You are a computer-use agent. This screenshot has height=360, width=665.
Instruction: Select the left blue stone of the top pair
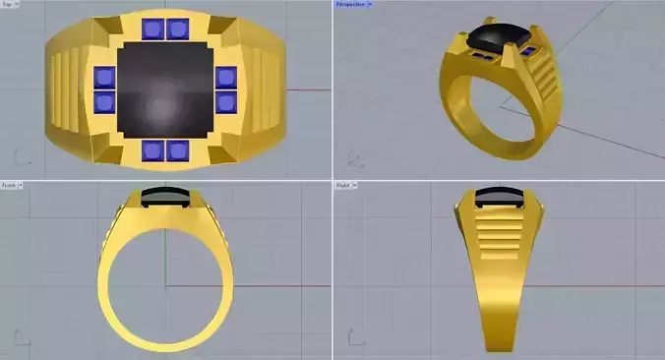click(152, 29)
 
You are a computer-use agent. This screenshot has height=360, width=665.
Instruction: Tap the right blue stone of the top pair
click(177, 29)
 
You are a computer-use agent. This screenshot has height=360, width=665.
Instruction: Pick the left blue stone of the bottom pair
click(152, 150)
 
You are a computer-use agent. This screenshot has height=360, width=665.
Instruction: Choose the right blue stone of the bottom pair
click(177, 150)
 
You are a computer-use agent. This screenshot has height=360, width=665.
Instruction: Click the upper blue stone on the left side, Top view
click(104, 77)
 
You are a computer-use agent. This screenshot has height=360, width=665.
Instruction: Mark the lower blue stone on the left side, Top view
click(104, 101)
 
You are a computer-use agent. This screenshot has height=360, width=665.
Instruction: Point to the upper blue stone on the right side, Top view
click(225, 77)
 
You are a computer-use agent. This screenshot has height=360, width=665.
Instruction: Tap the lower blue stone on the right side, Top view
click(225, 101)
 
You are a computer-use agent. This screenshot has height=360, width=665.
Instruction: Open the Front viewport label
click(9, 185)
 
